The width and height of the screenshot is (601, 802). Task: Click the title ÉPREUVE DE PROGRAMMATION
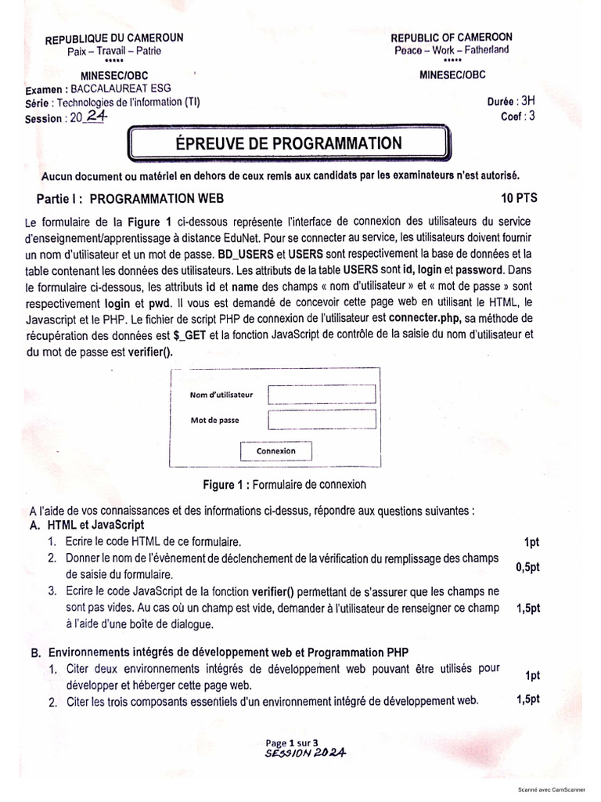[290, 143]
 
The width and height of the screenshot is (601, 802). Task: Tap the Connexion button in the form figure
[275, 451]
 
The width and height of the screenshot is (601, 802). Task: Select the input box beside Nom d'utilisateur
[322, 394]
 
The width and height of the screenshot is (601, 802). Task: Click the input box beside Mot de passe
[322, 421]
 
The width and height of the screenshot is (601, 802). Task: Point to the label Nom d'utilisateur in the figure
[221, 395]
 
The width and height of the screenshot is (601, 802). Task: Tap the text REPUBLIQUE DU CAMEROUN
[114, 39]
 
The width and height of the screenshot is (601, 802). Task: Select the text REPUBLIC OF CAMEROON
[452, 38]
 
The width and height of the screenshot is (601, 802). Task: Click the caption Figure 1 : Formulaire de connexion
[284, 484]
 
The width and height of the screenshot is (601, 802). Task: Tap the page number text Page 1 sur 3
[292, 741]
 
